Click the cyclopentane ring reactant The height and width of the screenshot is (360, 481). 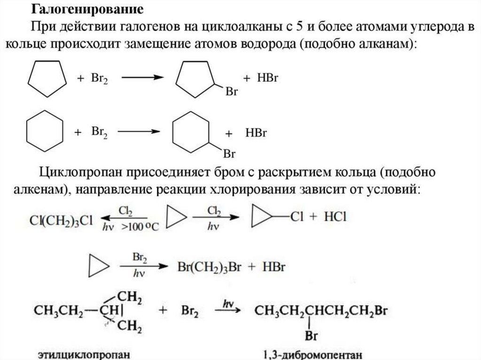coord(46,79)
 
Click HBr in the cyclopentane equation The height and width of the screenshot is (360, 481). coord(268,78)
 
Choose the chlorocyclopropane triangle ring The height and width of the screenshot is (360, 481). coord(264,217)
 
